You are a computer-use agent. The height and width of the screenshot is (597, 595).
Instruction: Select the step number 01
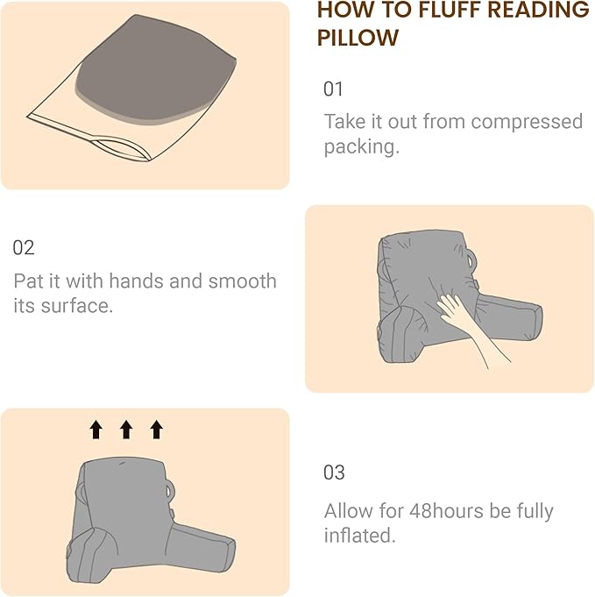point(334,89)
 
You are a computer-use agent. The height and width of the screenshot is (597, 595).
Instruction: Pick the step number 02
point(24,247)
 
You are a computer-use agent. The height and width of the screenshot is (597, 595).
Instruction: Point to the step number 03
point(334,473)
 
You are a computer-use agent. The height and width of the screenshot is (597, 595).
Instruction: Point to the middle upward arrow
point(125,429)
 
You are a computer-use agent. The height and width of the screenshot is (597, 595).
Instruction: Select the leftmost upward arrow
point(96,429)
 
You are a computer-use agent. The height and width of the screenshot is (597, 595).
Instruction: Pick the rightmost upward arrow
point(156,429)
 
